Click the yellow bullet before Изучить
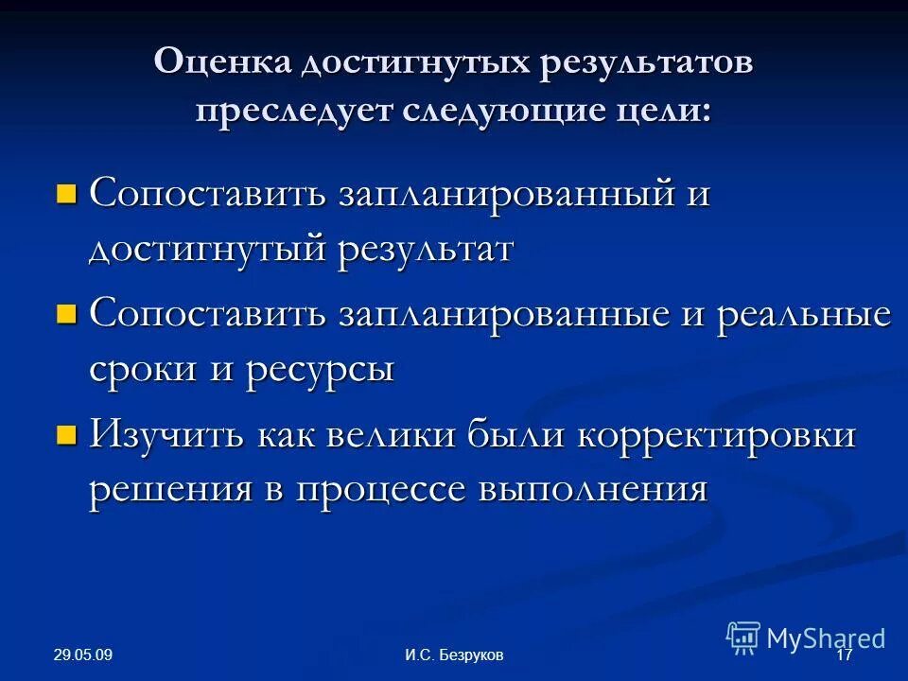coord(65,435)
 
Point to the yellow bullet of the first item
coord(65,195)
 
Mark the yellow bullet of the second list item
coord(65,315)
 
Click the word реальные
coord(803,315)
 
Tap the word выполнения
coord(593,490)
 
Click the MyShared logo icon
coord(743,637)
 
